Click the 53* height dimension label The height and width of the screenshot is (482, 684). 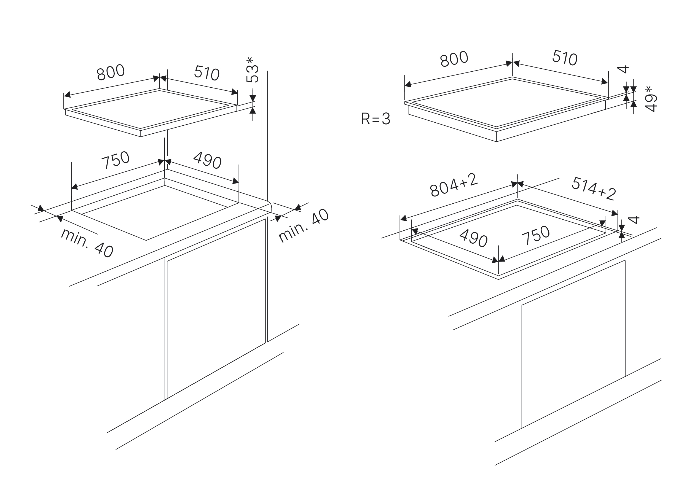point(252,70)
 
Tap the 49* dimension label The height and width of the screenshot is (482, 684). point(651,99)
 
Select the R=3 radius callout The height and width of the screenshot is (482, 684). point(375,119)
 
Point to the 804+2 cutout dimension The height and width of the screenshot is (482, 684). point(454,185)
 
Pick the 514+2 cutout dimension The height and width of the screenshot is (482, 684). point(594,189)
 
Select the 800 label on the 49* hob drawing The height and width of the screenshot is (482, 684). point(454,59)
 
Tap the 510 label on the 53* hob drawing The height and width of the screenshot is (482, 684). point(207,73)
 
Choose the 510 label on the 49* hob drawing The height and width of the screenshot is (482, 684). point(565,58)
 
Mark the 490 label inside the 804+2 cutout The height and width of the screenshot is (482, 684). point(473,238)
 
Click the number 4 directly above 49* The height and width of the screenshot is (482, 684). point(622,69)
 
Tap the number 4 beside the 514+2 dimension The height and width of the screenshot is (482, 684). point(634,220)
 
